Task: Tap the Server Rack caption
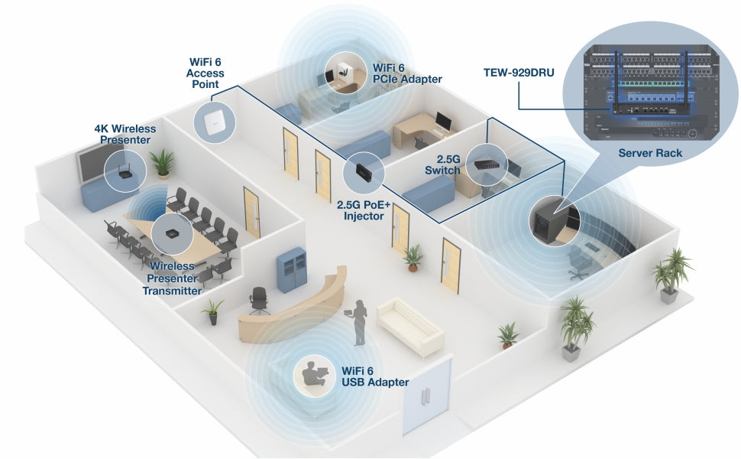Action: [649, 153]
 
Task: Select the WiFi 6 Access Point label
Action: [205, 73]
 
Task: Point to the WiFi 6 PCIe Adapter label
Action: [406, 73]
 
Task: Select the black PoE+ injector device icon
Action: [363, 172]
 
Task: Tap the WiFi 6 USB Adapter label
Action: [375, 376]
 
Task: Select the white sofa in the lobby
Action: [410, 326]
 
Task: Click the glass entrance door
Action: [426, 396]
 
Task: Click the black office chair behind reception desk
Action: [260, 299]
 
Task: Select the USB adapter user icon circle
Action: [314, 375]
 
